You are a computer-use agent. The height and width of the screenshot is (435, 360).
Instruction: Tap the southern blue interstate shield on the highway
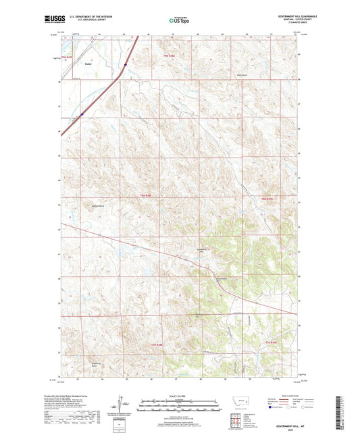coord(82,114)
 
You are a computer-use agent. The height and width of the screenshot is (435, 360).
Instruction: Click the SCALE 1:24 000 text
coord(180,396)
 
